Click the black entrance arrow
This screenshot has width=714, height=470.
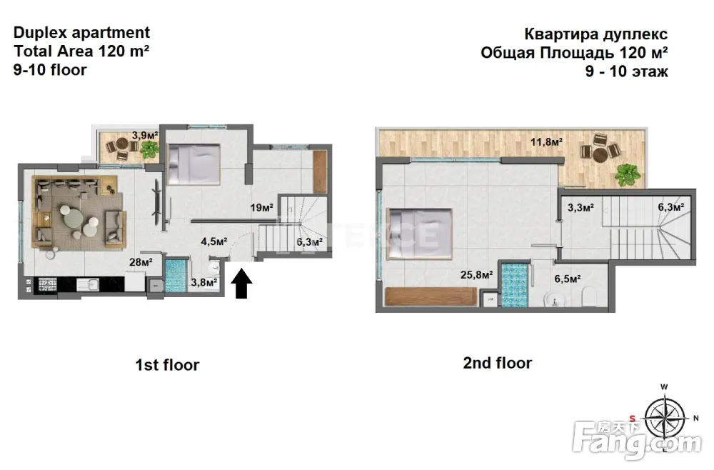pos(241,284)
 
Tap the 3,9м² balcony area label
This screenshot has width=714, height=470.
pos(145,135)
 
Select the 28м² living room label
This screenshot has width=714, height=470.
pos(141,262)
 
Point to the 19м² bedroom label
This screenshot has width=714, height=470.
pos(261,208)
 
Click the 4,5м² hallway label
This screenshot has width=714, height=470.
pos(214,241)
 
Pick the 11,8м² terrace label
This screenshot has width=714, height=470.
pos(546,142)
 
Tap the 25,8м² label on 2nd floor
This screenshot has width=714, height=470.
pos(477,274)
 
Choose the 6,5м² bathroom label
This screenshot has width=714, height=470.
pos(568,279)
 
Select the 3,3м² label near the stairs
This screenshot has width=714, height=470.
pos(580,208)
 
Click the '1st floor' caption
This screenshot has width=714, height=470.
pos(167,365)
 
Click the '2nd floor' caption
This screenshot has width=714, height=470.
pos(497,363)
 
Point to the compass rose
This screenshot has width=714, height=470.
pos(665,418)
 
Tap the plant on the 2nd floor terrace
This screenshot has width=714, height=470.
pos(628,175)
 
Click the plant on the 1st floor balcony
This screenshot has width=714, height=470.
pos(149,149)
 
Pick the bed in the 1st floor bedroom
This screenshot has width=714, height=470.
pos(194,164)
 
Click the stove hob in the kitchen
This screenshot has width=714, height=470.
pos(47,285)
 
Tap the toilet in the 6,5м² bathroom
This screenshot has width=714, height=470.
pos(589,296)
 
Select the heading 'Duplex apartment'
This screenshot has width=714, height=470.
pos(81,33)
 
